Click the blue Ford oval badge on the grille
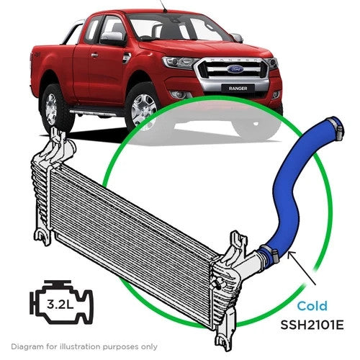(235, 70)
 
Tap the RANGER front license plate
(238, 89)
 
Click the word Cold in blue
(312, 306)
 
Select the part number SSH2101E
(312, 325)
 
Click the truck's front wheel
(144, 108)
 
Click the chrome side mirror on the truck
(112, 38)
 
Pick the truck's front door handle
(94, 55)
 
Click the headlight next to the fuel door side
(178, 63)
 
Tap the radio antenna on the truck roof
(163, 6)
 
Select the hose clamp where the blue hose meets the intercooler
(269, 253)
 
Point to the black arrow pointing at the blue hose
(303, 268)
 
